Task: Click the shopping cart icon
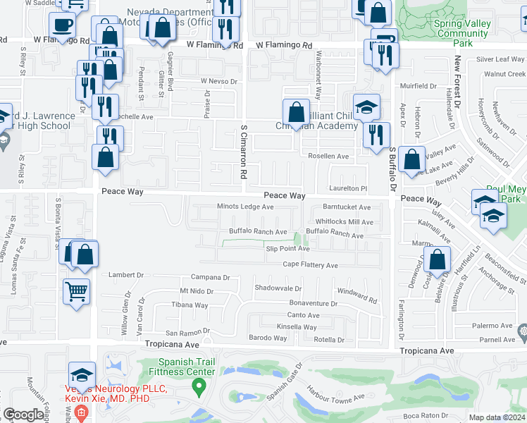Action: [77, 290]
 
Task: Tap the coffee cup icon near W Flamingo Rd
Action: [63, 25]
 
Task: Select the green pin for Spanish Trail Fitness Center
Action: [199, 386]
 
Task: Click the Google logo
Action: [24, 415]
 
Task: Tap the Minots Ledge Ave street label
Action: [244, 207]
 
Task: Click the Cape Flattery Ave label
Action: [310, 265]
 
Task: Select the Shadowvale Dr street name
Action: [278, 288]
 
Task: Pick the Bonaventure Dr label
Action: [314, 303]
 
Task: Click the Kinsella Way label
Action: [297, 326]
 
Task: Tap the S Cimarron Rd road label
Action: [244, 152]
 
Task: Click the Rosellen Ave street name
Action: [328, 156]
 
